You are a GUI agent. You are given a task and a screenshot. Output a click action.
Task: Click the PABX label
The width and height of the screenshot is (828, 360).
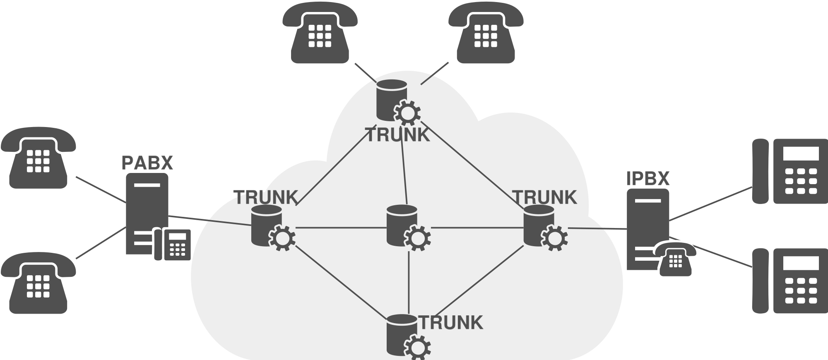tap(147, 163)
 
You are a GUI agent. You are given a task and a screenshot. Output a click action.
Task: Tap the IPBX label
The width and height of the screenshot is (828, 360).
tap(647, 179)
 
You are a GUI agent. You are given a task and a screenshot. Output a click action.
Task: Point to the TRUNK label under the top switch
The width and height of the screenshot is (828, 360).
tap(398, 135)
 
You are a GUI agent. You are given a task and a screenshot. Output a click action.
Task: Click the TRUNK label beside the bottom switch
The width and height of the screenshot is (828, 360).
tap(451, 323)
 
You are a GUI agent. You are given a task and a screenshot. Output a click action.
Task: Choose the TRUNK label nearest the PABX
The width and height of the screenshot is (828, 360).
tap(266, 197)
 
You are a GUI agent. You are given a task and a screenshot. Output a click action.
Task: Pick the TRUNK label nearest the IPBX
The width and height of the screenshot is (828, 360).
tap(545, 197)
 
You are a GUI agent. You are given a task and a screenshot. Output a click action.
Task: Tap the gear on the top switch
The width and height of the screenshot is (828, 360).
tap(407, 112)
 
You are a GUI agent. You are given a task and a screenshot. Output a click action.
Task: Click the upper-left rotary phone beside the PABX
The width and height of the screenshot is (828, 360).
tap(38, 158)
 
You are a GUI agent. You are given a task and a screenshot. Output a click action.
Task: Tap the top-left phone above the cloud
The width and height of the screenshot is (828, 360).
tap(320, 33)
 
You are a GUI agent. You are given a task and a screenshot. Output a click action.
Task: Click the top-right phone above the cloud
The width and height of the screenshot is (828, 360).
tap(486, 33)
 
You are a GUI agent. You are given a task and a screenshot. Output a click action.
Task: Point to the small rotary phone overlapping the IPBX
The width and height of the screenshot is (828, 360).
tap(675, 259)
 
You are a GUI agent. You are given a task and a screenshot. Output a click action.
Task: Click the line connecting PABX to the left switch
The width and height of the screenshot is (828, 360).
tap(209, 221)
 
